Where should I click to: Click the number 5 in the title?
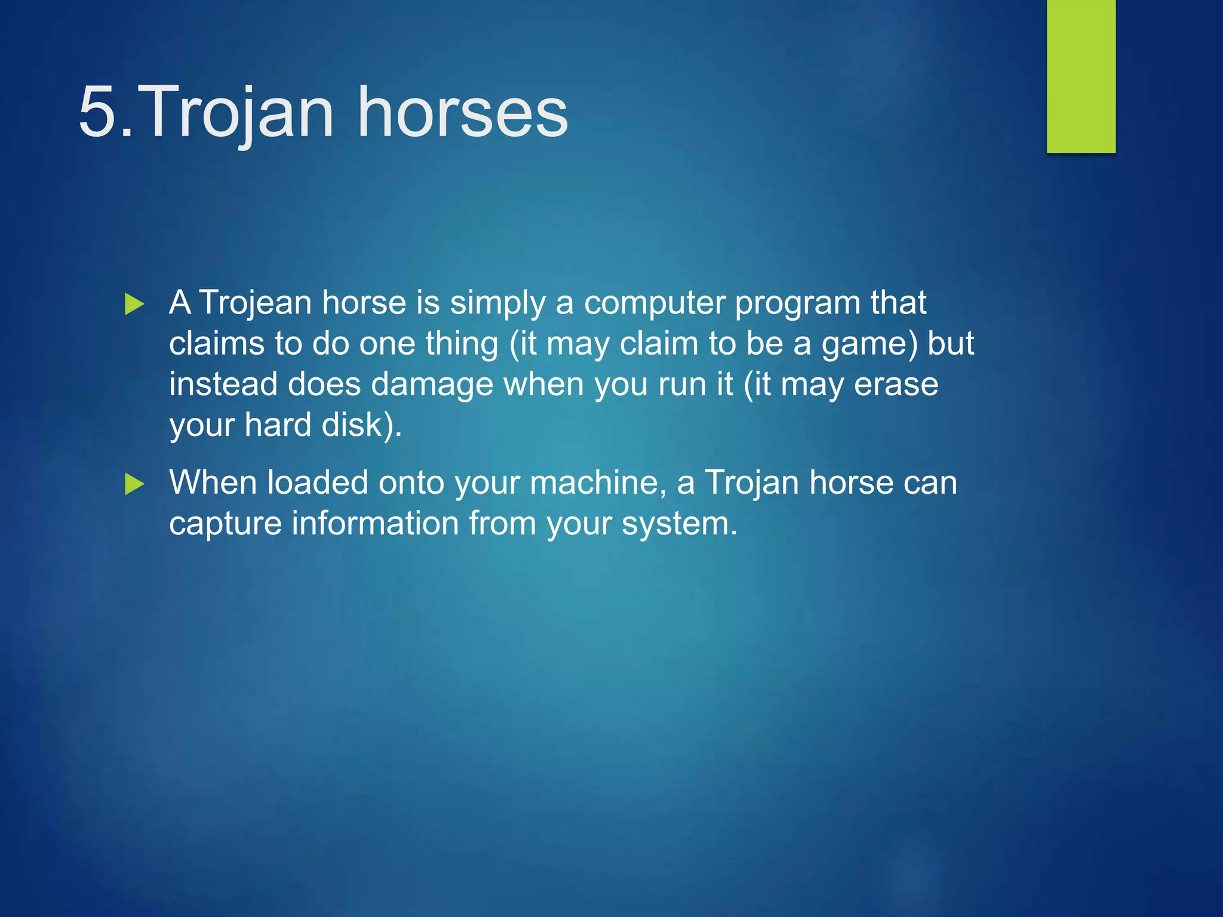pyautogui.click(x=98, y=112)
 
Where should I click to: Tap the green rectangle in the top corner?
pyautogui.click(x=1081, y=76)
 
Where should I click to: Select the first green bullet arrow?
pyautogui.click(x=134, y=304)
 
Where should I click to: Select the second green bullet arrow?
pyautogui.click(x=134, y=484)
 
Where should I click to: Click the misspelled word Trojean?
pyautogui.click(x=255, y=303)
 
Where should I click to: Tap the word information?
pyautogui.click(x=374, y=523)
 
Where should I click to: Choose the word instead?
pyautogui.click(x=223, y=384)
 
